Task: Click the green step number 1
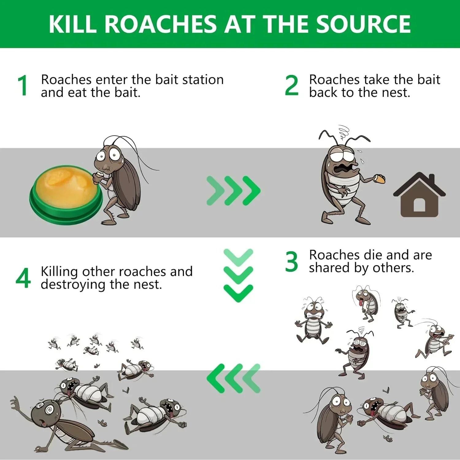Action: (23, 86)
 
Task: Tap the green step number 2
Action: (291, 86)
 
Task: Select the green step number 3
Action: (291, 262)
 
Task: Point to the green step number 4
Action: (23, 278)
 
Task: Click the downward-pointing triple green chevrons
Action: (238, 275)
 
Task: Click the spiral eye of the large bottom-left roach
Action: (49, 410)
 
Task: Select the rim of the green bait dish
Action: (66, 212)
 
